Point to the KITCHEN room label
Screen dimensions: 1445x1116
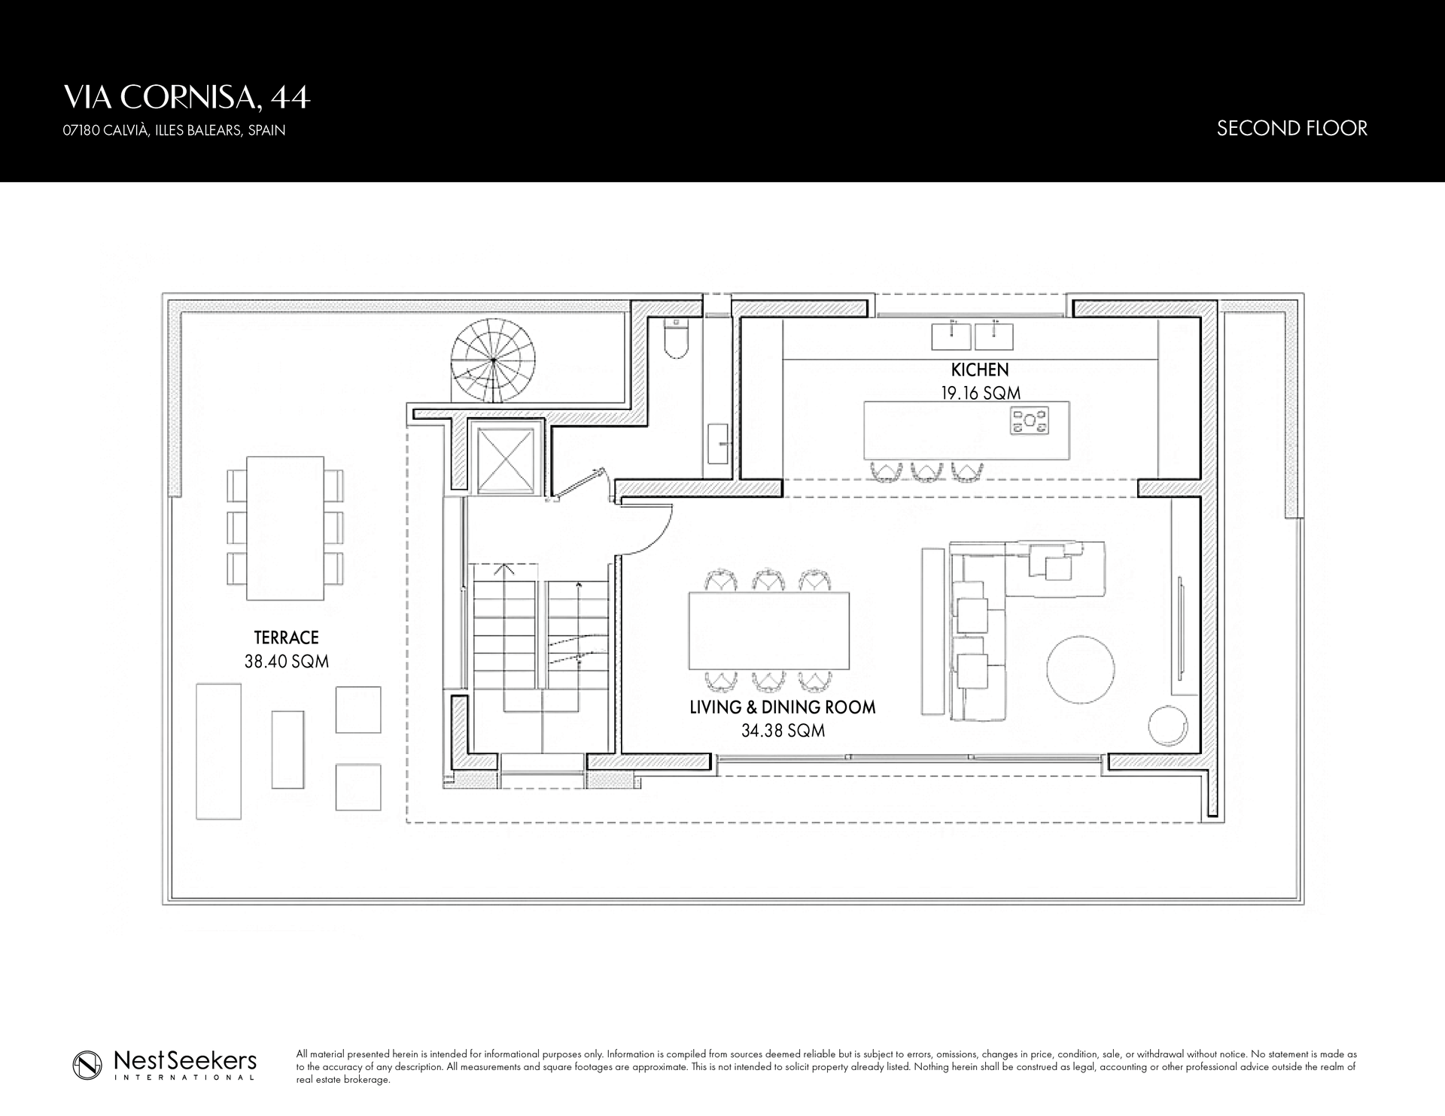[979, 369]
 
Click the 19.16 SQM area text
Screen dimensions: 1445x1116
[980, 393]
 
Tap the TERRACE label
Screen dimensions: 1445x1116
[286, 637]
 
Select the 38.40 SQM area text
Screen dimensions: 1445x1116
[286, 661]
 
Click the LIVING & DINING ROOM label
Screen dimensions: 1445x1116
[783, 707]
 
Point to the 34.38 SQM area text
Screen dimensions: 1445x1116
[783, 730]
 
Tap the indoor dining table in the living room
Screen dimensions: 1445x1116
[769, 631]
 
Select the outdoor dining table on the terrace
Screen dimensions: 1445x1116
[285, 528]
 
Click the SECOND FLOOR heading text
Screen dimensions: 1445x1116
[1291, 129]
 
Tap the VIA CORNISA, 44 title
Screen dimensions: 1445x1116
[187, 98]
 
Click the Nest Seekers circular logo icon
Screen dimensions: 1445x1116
[87, 1065]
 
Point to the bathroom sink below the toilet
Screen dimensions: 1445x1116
[716, 443]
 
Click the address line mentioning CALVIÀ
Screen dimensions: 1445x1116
[174, 130]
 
